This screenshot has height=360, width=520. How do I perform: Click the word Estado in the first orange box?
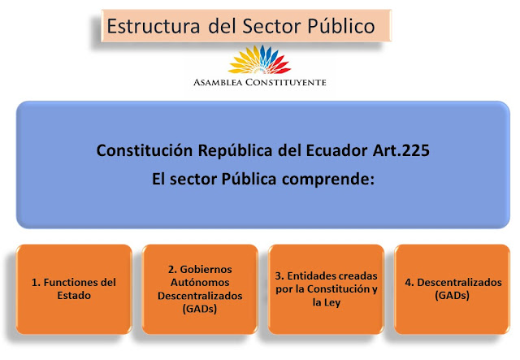[x=73, y=297]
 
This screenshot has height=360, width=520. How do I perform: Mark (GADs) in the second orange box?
[x=198, y=310]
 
